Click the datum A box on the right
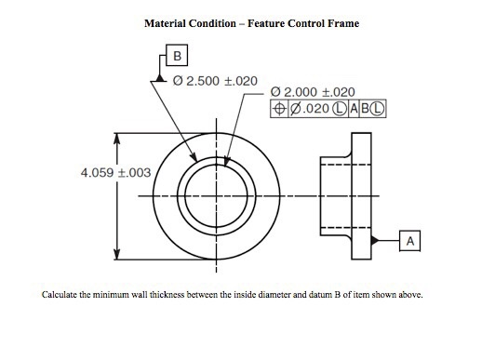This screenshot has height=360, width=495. (410, 240)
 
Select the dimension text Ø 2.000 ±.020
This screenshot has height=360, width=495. (313, 91)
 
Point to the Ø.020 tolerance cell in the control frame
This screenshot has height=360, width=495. (305, 109)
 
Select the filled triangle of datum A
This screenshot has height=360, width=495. (374, 240)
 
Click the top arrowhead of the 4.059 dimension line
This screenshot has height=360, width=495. (117, 137)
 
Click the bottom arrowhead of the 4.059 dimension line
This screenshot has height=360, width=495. (117, 257)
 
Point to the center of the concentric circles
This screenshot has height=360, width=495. (216, 197)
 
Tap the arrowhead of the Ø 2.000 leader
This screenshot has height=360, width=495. (226, 166)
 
